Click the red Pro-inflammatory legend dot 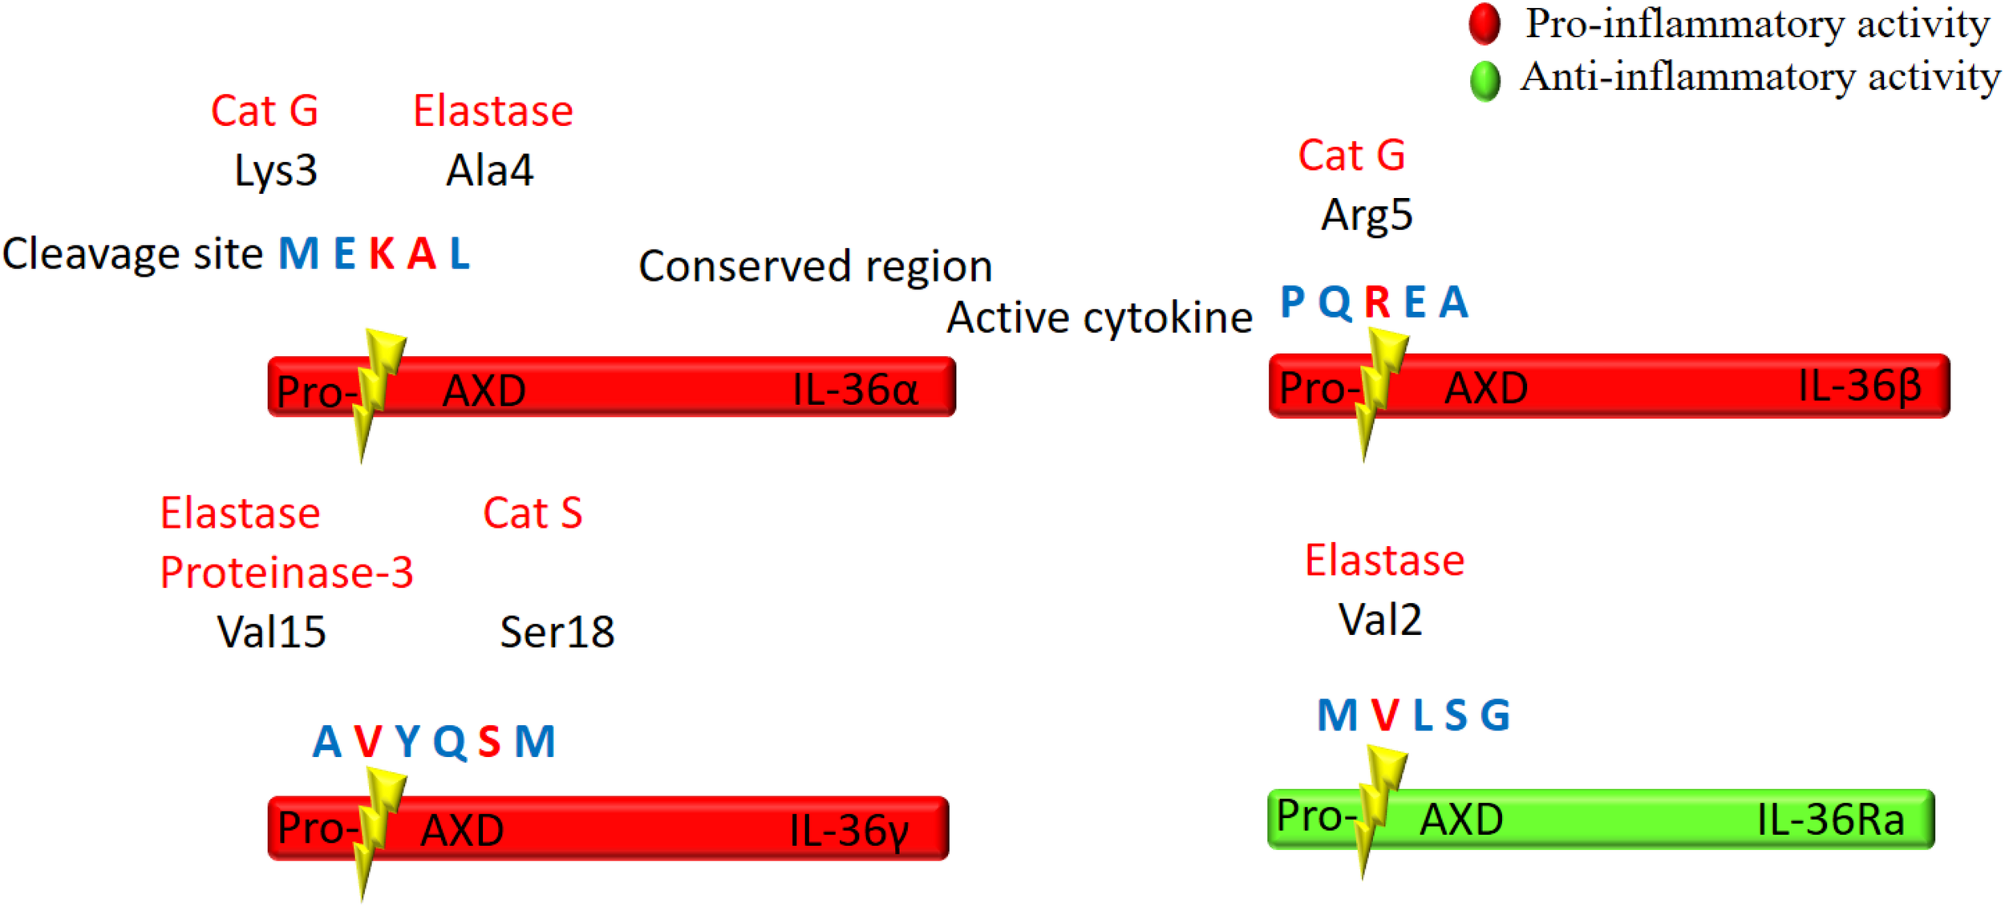coord(1485,24)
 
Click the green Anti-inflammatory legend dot coord(1485,80)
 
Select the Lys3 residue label coord(275,171)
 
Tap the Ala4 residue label coord(489,171)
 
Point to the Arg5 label coord(1367,215)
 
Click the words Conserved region coord(815,266)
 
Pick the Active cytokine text coord(1099,318)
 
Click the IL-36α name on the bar coord(855,391)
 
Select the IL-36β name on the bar coord(1860,387)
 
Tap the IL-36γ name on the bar coord(849,831)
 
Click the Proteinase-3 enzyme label coord(286,573)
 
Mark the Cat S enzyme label coord(533,513)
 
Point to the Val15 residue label coord(271,632)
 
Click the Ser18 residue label coord(557,632)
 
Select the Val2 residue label coord(1380,620)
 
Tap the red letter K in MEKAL coord(382,254)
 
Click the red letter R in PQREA coord(1377,302)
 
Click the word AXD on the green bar coord(1461,820)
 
